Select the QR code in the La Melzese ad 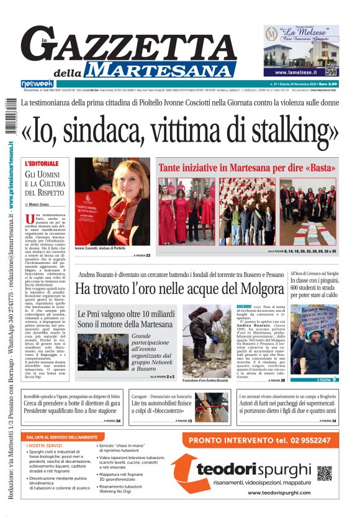click(330, 70)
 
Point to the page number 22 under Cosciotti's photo click(148, 255)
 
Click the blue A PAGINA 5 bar click(314, 379)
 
